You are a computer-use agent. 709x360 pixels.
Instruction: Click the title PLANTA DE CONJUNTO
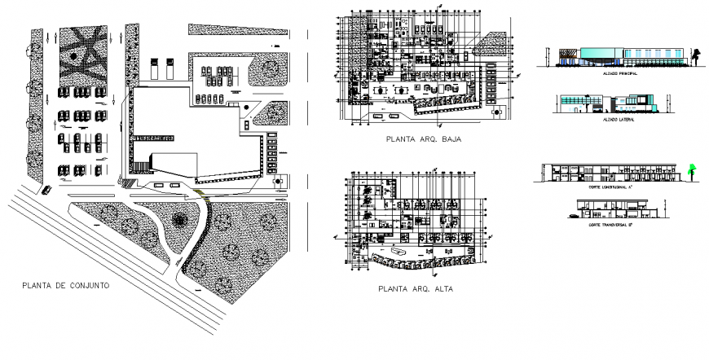(66, 286)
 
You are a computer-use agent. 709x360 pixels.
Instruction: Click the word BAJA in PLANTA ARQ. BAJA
(448, 139)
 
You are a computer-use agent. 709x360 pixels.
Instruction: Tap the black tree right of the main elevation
(698, 55)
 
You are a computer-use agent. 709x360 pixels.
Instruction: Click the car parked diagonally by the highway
(46, 190)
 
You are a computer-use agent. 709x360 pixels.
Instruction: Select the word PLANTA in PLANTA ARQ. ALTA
(393, 288)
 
